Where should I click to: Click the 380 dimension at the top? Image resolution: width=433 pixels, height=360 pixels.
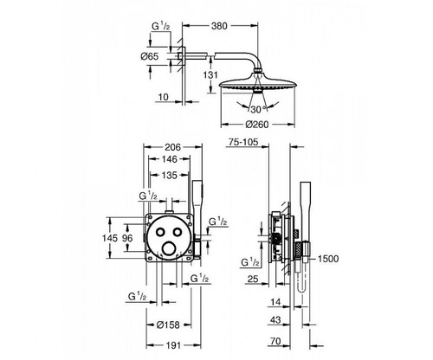pyautogui.click(x=219, y=26)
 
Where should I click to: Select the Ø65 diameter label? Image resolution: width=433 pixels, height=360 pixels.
pyautogui.click(x=150, y=56)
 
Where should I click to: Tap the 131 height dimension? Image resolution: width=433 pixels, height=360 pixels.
pyautogui.click(x=210, y=75)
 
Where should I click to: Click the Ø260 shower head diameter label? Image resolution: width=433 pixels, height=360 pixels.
pyautogui.click(x=257, y=125)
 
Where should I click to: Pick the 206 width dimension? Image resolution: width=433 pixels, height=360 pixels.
pyautogui.click(x=172, y=147)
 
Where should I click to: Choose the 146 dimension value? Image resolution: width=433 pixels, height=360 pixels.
pyautogui.click(x=169, y=159)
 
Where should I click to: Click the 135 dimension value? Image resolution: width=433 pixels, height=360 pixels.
pyautogui.click(x=169, y=175)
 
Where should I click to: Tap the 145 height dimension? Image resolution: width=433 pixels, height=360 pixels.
pyautogui.click(x=110, y=238)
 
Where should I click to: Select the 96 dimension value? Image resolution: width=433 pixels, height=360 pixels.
pyautogui.click(x=127, y=238)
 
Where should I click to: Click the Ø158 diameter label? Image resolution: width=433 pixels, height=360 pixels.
pyautogui.click(x=168, y=325)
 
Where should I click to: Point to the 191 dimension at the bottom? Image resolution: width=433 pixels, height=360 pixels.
pyautogui.click(x=173, y=345)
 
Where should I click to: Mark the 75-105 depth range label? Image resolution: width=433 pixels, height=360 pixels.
pyautogui.click(x=243, y=142)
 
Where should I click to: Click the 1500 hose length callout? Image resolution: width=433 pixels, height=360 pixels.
pyautogui.click(x=328, y=259)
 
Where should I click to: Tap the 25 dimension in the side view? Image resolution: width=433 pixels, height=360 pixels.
pyautogui.click(x=253, y=279)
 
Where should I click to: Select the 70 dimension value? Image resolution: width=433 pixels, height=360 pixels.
pyautogui.click(x=275, y=341)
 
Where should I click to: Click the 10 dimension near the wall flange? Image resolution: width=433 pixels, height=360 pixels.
pyautogui.click(x=163, y=97)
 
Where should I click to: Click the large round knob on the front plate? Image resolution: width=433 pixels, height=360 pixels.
pyautogui.click(x=169, y=249)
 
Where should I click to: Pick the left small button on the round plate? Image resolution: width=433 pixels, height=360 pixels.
pyautogui.click(x=160, y=231)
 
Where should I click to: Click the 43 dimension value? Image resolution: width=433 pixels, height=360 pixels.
pyautogui.click(x=275, y=320)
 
